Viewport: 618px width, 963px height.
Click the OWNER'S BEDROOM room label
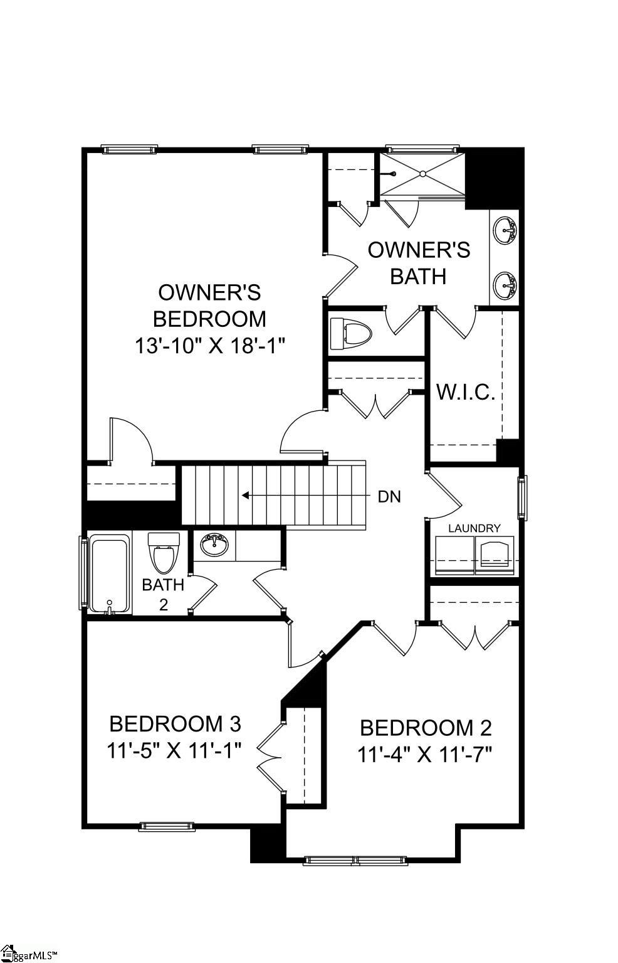(x=209, y=306)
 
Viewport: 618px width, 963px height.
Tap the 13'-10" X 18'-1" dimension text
(x=209, y=346)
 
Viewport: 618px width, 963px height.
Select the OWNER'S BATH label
(x=419, y=262)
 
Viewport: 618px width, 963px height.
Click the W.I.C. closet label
(x=466, y=392)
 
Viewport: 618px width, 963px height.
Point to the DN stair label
(x=389, y=497)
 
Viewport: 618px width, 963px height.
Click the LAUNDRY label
(x=474, y=528)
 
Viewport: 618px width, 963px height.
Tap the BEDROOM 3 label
(x=175, y=723)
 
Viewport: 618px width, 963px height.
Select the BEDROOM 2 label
(x=426, y=728)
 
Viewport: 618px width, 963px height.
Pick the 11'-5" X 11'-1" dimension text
(x=174, y=750)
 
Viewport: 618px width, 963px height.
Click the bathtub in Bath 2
(x=110, y=573)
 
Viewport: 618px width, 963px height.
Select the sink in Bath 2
(x=214, y=545)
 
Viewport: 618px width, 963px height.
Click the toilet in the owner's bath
(x=351, y=333)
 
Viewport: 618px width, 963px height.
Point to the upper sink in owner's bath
(x=505, y=231)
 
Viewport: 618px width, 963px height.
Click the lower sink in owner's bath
(x=505, y=286)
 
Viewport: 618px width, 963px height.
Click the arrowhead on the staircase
(x=245, y=495)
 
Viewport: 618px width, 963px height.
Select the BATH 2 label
(x=163, y=593)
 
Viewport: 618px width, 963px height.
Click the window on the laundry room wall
(x=521, y=497)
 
